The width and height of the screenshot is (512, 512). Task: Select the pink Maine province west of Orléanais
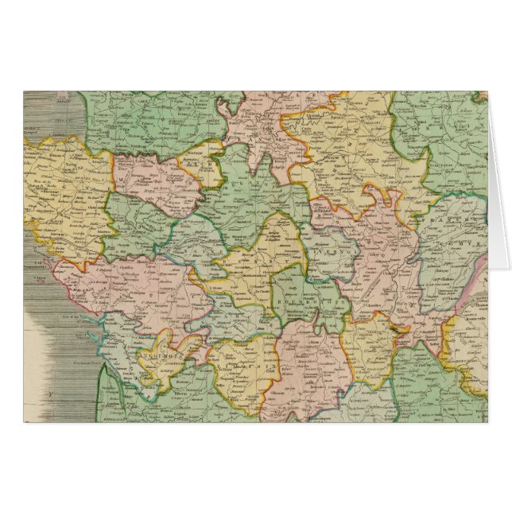click(151, 175)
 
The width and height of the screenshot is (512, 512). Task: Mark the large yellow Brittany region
click(60, 191)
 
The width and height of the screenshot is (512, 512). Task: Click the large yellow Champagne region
click(350, 159)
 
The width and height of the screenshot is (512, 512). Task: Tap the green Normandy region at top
click(151, 119)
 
